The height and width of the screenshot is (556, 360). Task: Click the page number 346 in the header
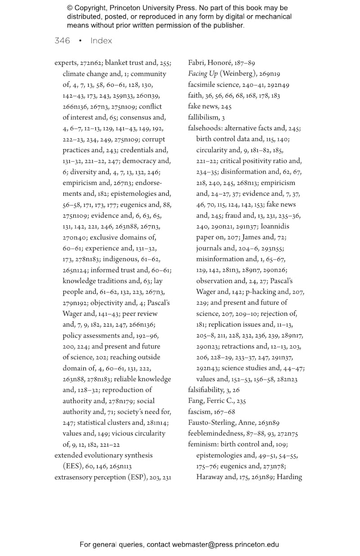[62, 40]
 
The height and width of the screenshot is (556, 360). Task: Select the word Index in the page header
[101, 40]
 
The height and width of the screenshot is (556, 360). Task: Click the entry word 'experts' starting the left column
[66, 63]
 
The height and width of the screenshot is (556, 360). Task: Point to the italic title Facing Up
[202, 74]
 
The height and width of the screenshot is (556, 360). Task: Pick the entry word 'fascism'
[199, 412]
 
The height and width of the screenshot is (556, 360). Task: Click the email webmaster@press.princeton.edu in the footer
[225, 545]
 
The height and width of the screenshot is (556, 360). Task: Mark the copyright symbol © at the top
[70, 8]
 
